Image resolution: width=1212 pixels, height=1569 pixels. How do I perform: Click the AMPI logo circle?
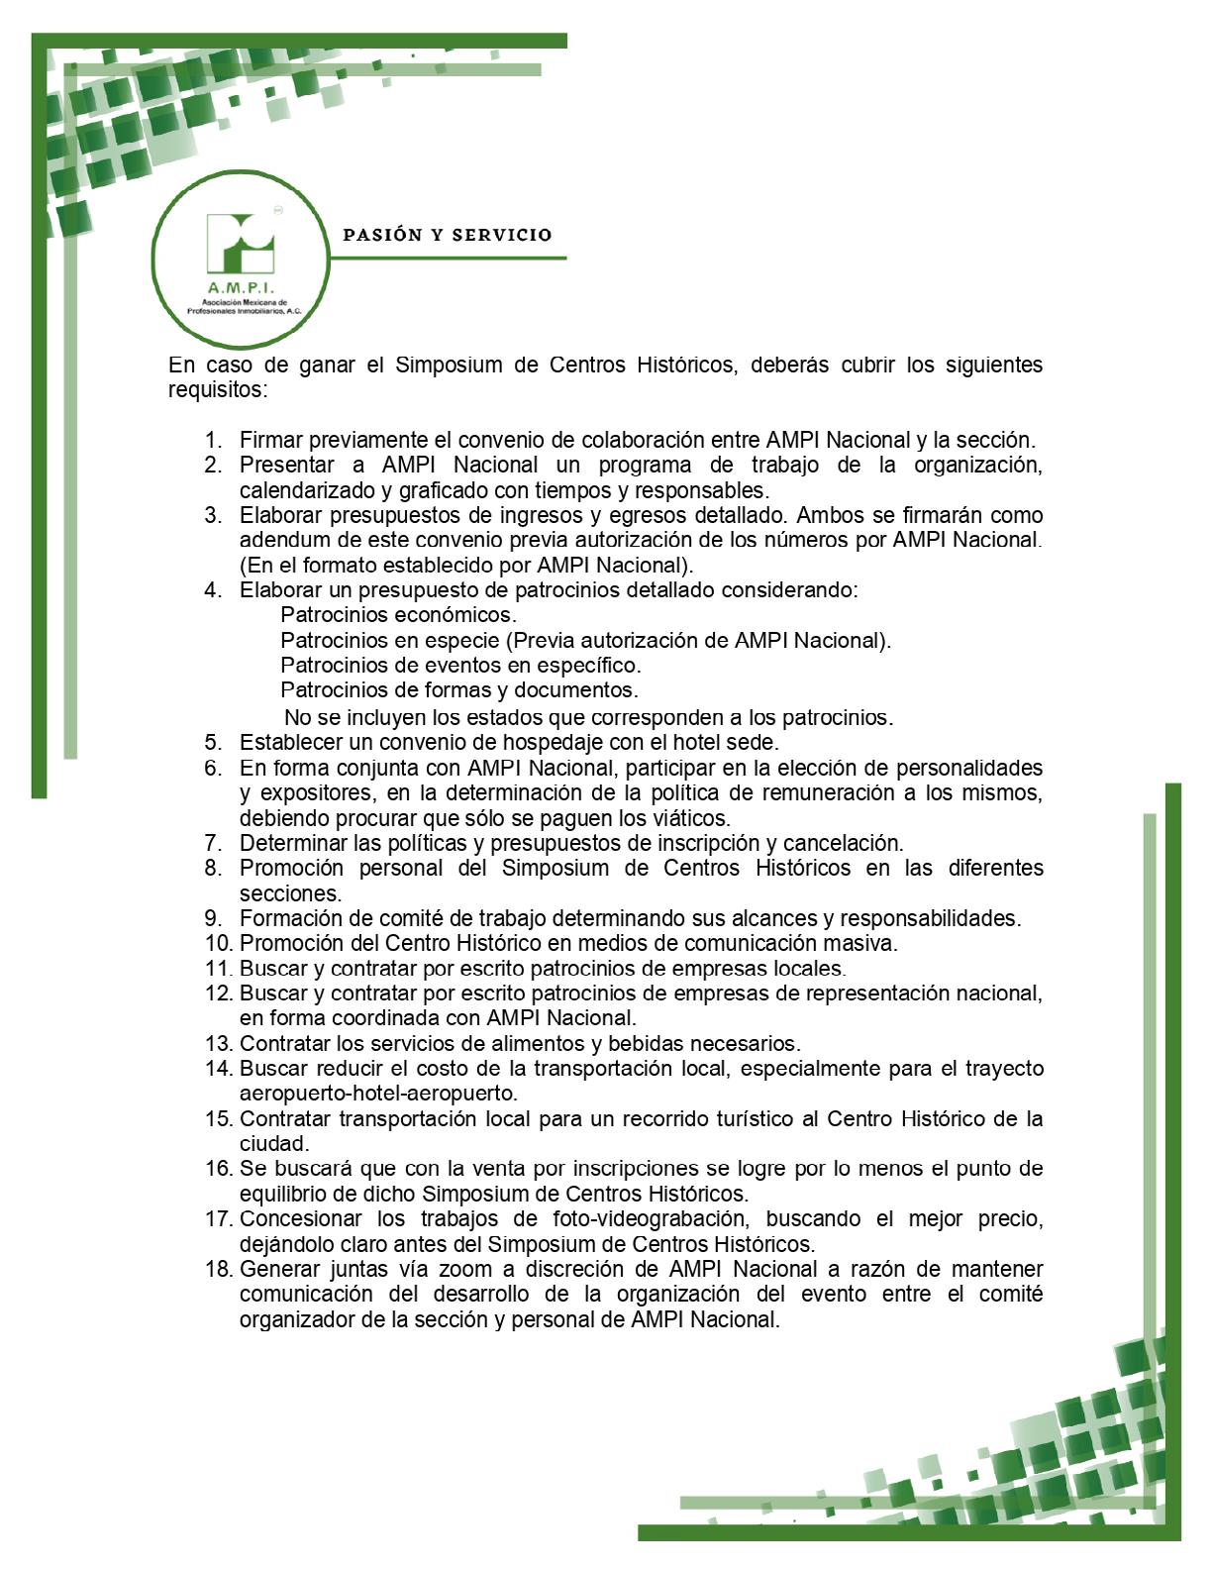(240, 260)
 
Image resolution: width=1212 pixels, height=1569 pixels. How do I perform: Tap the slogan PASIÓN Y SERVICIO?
(447, 236)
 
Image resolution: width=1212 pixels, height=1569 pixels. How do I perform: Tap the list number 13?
(218, 1043)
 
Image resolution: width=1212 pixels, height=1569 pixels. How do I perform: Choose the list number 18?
(218, 1269)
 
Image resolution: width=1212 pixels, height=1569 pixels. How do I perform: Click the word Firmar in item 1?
(268, 440)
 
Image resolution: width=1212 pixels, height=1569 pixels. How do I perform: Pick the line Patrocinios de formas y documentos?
(458, 689)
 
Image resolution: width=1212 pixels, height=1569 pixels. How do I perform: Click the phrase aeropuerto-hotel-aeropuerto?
(378, 1094)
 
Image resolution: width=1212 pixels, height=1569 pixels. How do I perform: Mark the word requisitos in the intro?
(217, 389)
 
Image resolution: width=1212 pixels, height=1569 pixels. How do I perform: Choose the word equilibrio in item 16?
(282, 1194)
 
